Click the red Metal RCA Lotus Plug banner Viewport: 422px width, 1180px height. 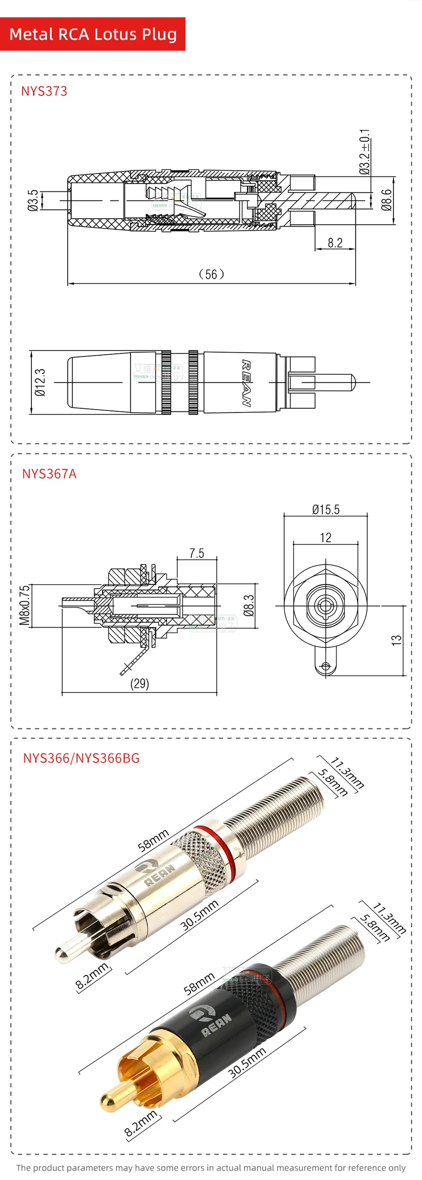coord(93,34)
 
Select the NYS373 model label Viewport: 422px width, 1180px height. coord(44,91)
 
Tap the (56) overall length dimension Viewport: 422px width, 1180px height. coord(211,274)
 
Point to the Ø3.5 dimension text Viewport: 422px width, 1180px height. coord(33,200)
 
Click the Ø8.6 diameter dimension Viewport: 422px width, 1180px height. coord(386,200)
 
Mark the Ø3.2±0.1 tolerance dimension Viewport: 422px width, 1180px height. coord(364,152)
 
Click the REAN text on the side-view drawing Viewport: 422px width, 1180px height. coord(246,382)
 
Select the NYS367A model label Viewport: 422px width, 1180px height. coord(49,474)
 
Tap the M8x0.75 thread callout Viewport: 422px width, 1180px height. coord(24,605)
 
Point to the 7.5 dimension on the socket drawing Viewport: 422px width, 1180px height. coord(197,553)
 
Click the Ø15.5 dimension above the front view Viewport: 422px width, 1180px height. coord(326,510)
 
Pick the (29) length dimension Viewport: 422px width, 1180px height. coord(139,683)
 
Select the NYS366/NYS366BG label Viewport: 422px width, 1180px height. coord(81,758)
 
